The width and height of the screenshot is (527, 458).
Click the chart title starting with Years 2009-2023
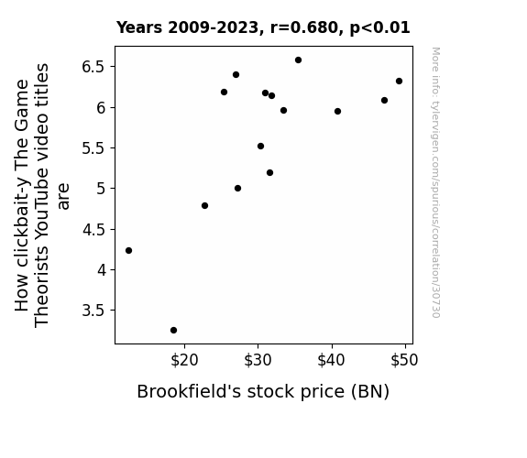[263, 27]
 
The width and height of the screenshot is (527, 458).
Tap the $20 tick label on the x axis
[184, 360]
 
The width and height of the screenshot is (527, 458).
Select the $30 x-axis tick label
[258, 360]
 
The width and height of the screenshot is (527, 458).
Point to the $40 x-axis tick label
[332, 360]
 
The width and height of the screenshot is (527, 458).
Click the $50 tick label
[405, 360]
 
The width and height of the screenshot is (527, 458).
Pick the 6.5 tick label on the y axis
[93, 67]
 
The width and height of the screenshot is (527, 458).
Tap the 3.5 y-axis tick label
[93, 311]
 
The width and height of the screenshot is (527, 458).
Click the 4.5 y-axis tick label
[93, 230]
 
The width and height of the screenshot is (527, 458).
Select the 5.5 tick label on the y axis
[93, 148]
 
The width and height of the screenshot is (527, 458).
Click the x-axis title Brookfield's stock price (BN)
[263, 392]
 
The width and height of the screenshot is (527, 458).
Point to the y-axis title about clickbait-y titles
[41, 195]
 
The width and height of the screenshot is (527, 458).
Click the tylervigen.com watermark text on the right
[435, 182]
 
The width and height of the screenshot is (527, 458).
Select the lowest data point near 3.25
[173, 331]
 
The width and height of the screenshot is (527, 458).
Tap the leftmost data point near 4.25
[128, 251]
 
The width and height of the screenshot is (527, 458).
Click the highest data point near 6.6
[298, 60]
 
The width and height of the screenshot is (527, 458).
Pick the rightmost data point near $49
[399, 81]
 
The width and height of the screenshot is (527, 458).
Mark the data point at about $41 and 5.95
[337, 111]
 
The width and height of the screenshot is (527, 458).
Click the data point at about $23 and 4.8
[204, 206]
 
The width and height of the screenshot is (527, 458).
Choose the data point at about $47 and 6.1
[385, 101]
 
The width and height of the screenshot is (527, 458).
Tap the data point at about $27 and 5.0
[237, 188]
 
